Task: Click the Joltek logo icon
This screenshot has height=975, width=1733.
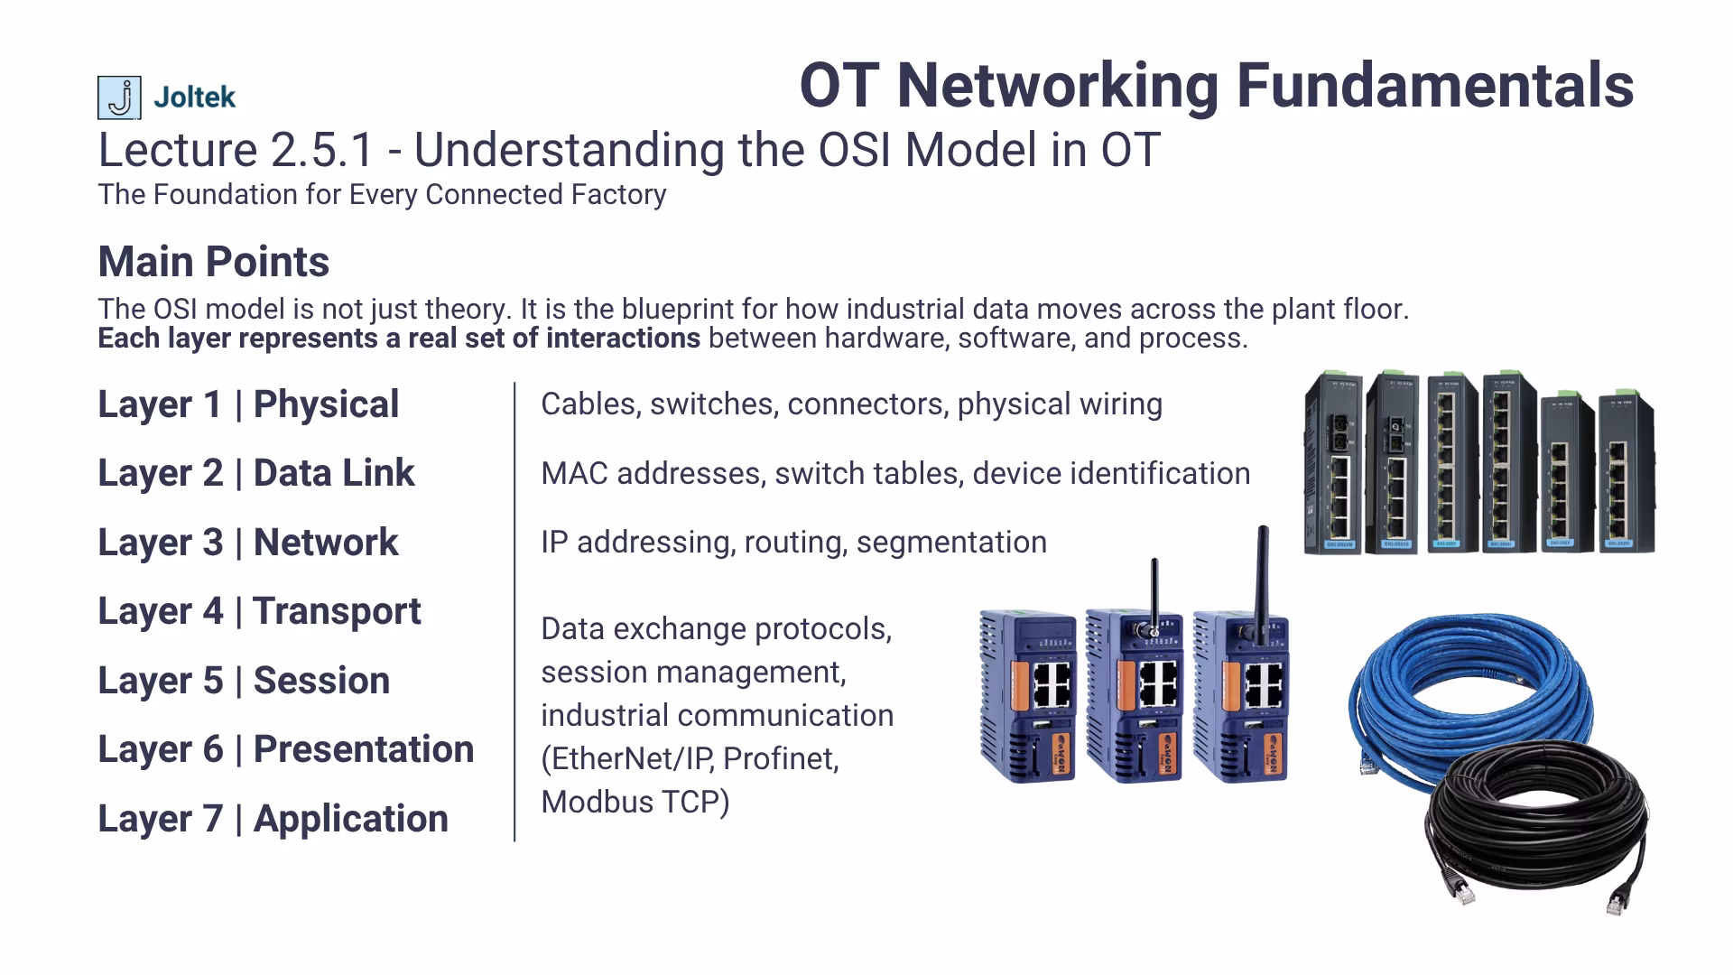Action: (119, 97)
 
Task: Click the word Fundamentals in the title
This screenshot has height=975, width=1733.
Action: (1434, 86)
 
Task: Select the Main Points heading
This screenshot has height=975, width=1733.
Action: (213, 262)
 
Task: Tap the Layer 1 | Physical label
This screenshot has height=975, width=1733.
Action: (248, 404)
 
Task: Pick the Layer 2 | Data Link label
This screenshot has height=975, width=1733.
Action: (256, 473)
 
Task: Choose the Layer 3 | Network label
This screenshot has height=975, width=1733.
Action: (248, 543)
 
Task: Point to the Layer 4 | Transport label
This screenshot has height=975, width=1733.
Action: (259, 611)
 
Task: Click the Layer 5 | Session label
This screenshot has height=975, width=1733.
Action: (244, 681)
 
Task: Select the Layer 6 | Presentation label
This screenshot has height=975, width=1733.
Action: (285, 749)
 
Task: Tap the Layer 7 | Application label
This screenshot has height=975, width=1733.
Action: (273, 819)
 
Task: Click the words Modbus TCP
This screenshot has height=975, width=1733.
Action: (635, 802)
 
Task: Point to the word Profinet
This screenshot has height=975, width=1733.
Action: (781, 758)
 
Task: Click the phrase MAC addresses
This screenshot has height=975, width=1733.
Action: (651, 473)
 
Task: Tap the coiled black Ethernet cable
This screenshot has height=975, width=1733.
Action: (1534, 822)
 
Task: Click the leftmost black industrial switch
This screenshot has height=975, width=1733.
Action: (1333, 462)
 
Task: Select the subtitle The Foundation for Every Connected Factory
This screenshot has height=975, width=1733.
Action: (382, 194)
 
